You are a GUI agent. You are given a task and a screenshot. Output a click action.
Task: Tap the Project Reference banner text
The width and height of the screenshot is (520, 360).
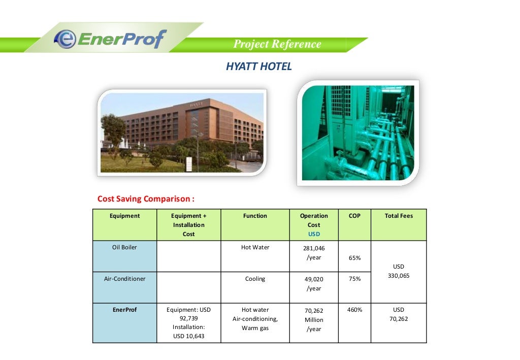click(277, 44)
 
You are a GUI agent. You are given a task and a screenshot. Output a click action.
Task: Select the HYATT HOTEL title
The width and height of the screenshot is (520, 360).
click(259, 67)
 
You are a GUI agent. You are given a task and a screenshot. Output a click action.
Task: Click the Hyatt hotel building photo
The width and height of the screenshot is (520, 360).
click(182, 133)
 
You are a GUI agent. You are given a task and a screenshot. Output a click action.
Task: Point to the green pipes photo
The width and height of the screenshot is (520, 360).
click(357, 133)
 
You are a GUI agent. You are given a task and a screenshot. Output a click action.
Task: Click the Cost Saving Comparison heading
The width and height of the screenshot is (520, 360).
click(146, 199)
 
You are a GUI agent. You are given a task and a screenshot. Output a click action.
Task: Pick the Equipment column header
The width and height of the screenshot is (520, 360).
click(124, 216)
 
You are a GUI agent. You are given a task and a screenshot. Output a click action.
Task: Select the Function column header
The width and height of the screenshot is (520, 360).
click(255, 216)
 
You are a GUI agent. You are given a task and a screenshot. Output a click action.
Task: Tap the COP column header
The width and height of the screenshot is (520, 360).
click(354, 216)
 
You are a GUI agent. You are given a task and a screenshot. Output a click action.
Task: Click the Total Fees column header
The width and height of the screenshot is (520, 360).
click(399, 216)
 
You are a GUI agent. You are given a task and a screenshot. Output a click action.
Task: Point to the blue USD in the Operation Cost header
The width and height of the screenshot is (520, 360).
click(314, 234)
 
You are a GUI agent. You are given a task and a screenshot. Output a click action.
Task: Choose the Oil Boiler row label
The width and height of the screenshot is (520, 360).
click(124, 247)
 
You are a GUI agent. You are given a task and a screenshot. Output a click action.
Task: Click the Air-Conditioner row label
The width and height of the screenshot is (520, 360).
click(124, 279)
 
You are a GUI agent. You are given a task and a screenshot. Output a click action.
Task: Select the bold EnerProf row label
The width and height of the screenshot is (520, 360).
click(124, 310)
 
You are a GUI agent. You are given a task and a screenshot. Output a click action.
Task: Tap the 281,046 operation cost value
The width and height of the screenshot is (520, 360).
click(314, 248)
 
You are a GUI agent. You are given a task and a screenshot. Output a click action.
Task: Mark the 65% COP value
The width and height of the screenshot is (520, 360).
click(354, 258)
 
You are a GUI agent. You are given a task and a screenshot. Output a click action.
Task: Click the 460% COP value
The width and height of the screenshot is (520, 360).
click(354, 310)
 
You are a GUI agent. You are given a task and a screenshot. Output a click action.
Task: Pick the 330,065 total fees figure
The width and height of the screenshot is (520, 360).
click(399, 276)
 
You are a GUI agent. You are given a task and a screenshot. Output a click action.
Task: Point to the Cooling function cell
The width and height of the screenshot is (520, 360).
click(255, 279)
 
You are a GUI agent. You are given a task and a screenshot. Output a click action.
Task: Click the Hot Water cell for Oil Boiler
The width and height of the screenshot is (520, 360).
click(255, 247)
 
